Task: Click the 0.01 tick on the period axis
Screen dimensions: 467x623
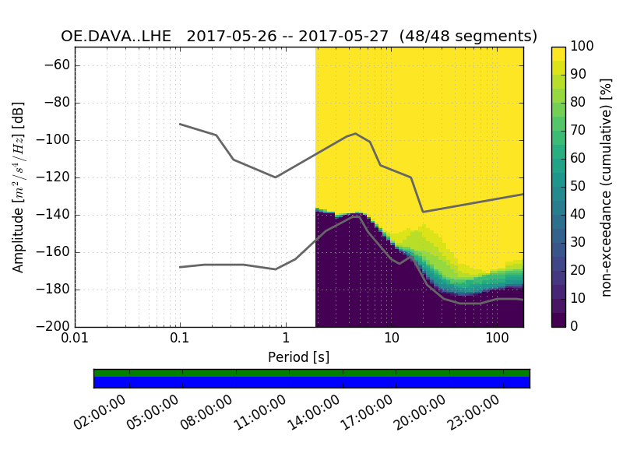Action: (75, 339)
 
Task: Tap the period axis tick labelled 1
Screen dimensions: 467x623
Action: (286, 339)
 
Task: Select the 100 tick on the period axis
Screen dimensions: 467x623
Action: (497, 339)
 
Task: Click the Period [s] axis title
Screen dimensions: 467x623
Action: (299, 357)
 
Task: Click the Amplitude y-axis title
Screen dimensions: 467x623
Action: (19, 187)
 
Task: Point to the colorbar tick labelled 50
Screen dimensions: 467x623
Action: (580, 187)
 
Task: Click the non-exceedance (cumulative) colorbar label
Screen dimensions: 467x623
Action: (608, 187)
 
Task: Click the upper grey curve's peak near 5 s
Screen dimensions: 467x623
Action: (355, 134)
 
